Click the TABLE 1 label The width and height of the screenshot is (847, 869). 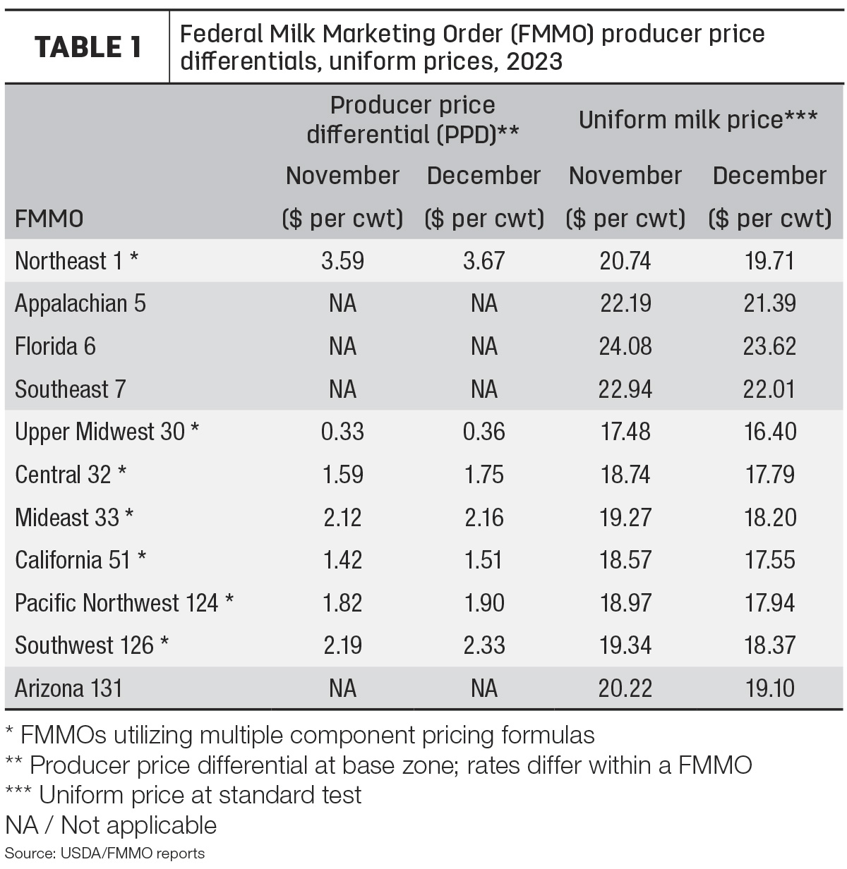click(x=88, y=47)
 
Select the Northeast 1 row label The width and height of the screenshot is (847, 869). click(x=76, y=261)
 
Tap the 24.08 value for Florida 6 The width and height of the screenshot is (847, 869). click(x=625, y=346)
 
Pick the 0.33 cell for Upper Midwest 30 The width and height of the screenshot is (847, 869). click(x=342, y=432)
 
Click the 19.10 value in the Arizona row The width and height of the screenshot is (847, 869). click(x=769, y=688)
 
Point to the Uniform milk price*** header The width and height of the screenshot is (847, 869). click(x=697, y=119)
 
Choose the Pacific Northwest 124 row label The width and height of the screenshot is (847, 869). click(x=124, y=603)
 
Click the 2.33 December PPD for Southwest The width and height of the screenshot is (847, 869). click(x=484, y=645)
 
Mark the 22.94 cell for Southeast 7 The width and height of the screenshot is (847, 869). click(x=625, y=389)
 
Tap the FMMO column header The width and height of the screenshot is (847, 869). click(x=49, y=219)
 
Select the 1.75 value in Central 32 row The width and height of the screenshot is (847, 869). click(x=484, y=474)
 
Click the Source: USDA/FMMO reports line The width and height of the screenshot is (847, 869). click(x=104, y=853)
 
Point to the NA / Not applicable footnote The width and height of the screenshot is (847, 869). click(x=111, y=825)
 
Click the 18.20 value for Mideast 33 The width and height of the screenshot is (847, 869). click(x=769, y=518)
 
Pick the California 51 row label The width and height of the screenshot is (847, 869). click(x=80, y=560)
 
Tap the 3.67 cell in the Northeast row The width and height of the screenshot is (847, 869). click(x=484, y=261)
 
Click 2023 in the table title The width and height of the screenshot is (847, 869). click(x=534, y=61)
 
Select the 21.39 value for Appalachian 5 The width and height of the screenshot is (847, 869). click(x=769, y=304)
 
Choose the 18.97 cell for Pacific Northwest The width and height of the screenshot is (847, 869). click(x=625, y=603)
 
